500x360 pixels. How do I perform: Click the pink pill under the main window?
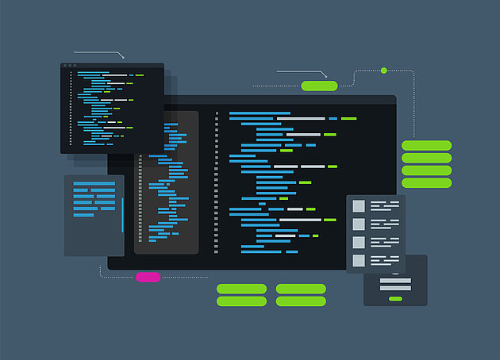coord(148,277)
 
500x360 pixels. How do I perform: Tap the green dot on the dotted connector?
coord(383,71)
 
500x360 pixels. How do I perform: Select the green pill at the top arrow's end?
coord(319,86)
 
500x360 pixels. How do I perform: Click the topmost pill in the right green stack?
coord(426,145)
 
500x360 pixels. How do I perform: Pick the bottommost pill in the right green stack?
coord(426,183)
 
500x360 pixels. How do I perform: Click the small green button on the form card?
coord(395,299)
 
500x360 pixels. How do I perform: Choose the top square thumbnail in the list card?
coord(359,205)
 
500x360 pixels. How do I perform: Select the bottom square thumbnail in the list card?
coord(359,260)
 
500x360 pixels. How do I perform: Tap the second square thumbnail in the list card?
coord(359,224)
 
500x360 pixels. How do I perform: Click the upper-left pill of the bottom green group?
coord(242,289)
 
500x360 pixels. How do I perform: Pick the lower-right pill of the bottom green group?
coord(301,301)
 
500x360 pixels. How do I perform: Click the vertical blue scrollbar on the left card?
coord(122,215)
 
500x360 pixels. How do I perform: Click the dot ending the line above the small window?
coord(124,58)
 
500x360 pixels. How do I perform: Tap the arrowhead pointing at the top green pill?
coord(325,76)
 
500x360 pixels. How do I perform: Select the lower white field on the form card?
coord(395,289)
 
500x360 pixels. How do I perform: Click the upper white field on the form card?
coord(395,280)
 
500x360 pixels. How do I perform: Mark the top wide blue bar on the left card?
coord(94,184)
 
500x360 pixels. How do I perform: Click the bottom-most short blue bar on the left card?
coord(83,215)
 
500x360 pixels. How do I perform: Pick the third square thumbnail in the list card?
coord(359,242)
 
